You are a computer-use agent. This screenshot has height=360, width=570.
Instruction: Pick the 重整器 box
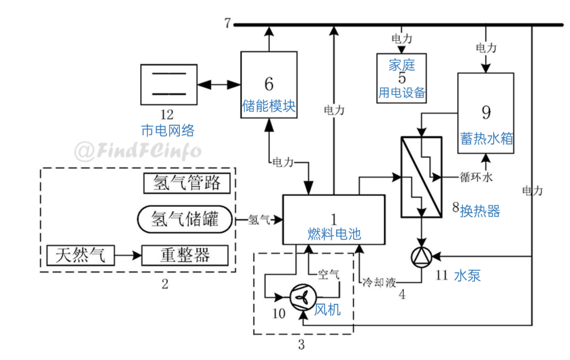tap(185, 255)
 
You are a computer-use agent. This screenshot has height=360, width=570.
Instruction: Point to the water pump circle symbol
tap(421, 256)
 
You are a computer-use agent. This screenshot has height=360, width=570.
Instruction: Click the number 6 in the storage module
tap(269, 83)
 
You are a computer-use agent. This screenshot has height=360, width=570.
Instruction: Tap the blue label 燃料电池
tap(334, 234)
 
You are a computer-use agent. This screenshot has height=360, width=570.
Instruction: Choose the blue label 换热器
tap(479, 211)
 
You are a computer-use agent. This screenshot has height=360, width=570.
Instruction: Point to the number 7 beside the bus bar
tap(227, 23)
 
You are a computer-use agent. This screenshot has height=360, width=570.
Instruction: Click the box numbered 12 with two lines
tap(169, 84)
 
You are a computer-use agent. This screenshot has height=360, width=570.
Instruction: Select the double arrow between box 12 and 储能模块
tap(219, 84)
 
